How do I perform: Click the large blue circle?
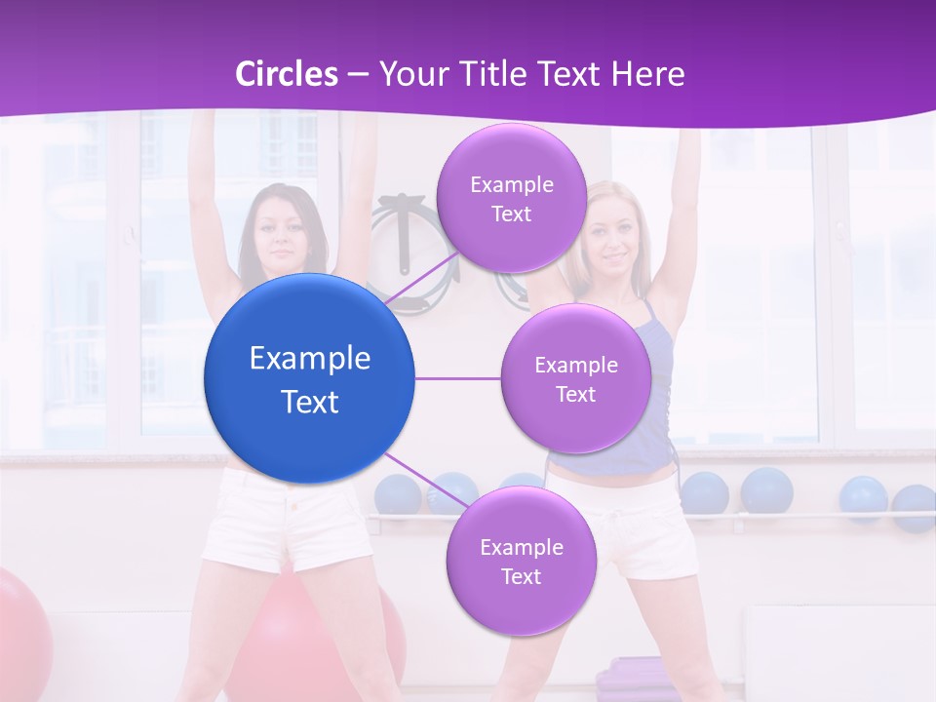point(310,378)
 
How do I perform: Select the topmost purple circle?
point(511,198)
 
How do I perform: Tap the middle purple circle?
point(575,378)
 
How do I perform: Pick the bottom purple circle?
point(521,561)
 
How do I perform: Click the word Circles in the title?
point(287,74)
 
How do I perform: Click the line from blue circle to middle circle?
point(458,378)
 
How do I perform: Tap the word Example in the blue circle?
point(310,359)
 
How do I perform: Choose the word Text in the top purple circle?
point(511,214)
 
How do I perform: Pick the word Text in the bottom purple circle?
point(521,576)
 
